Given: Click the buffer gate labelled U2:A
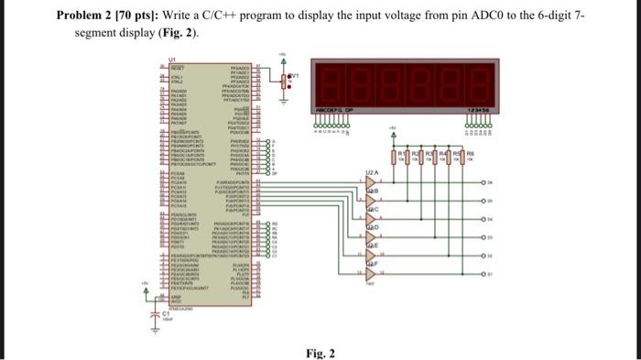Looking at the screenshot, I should (370, 182).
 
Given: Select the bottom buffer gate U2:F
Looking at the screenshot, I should (370, 272).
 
